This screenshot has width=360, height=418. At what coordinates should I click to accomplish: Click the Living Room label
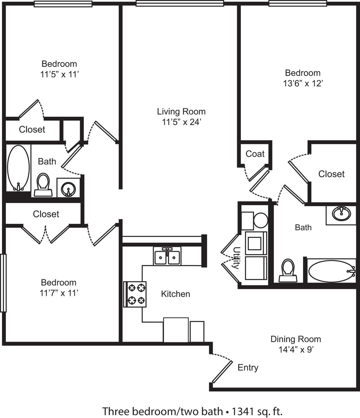click(181, 112)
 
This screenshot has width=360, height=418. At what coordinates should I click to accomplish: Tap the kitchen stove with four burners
click(135, 294)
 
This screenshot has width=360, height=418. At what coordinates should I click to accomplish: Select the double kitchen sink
click(167, 256)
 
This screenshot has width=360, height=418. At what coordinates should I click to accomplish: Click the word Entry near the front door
click(248, 367)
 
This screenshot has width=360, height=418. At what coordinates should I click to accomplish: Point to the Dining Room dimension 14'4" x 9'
click(296, 349)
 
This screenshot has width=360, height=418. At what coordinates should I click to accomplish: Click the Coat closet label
click(255, 154)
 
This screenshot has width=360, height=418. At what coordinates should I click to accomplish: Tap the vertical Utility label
click(236, 258)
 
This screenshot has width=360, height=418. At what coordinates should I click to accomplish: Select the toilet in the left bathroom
click(43, 184)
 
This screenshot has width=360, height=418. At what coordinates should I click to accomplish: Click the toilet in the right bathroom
click(288, 271)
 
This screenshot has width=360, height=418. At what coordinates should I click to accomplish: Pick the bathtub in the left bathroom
click(18, 168)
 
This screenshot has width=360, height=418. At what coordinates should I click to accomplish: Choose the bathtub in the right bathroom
click(332, 271)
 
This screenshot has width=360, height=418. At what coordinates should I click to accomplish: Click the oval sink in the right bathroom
click(342, 214)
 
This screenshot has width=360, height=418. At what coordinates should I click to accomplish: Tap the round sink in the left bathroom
click(68, 190)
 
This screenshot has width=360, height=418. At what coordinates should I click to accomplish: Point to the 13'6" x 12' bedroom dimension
click(303, 83)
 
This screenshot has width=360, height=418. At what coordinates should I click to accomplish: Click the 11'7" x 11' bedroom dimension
click(59, 293)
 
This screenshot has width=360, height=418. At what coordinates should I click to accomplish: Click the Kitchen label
click(175, 294)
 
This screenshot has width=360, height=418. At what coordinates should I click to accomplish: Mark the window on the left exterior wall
click(3, 283)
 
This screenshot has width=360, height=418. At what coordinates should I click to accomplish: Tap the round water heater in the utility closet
click(261, 220)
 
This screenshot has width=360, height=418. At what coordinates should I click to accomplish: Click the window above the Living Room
click(180, 3)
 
